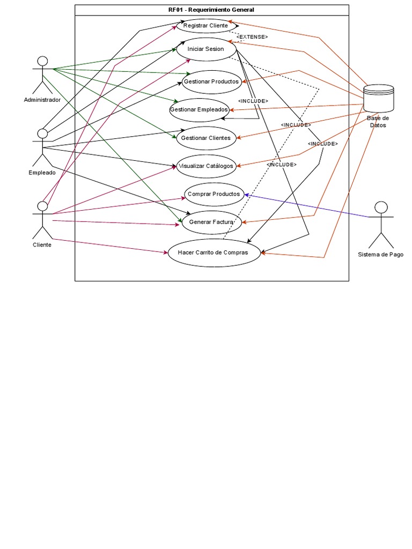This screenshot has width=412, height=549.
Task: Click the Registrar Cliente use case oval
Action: [x=205, y=25]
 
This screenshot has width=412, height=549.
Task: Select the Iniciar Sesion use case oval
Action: [x=205, y=49]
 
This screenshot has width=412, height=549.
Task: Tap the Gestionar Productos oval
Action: [x=211, y=81]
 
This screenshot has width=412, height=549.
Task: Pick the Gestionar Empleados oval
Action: [x=199, y=109]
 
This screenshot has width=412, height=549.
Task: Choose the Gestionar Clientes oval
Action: [x=205, y=138]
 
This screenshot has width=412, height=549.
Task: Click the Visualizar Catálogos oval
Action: [x=205, y=166]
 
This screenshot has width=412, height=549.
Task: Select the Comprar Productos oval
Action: [x=214, y=194]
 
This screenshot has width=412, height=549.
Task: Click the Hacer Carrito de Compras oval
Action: [x=214, y=253]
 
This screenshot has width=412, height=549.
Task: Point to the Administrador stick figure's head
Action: [x=42, y=61]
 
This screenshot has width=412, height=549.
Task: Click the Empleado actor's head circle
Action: [x=42, y=133]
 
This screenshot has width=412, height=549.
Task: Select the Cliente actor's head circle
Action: [x=42, y=206]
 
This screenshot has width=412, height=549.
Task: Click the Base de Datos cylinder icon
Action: [x=378, y=98]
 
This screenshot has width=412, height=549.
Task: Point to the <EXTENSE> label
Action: [x=252, y=37]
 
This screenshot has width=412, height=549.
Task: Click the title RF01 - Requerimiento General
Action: [x=211, y=10]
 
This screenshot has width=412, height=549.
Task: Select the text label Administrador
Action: [x=42, y=100]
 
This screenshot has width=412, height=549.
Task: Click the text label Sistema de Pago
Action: [x=380, y=255]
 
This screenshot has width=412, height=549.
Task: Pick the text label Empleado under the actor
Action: [x=42, y=173]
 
